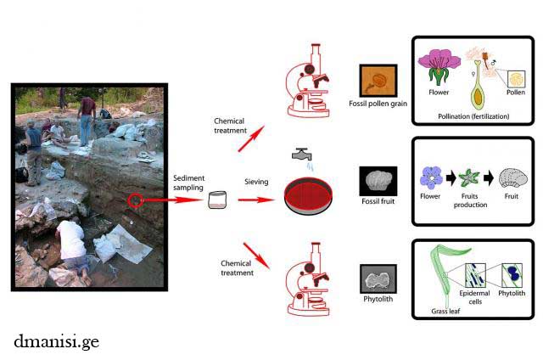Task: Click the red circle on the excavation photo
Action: [136, 201]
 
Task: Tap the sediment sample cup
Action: [218, 200]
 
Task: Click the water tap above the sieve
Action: [301, 155]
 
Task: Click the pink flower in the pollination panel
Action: [440, 65]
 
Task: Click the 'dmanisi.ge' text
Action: [57, 340]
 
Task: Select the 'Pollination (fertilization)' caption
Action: [473, 115]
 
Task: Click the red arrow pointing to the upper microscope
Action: [250, 137]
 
